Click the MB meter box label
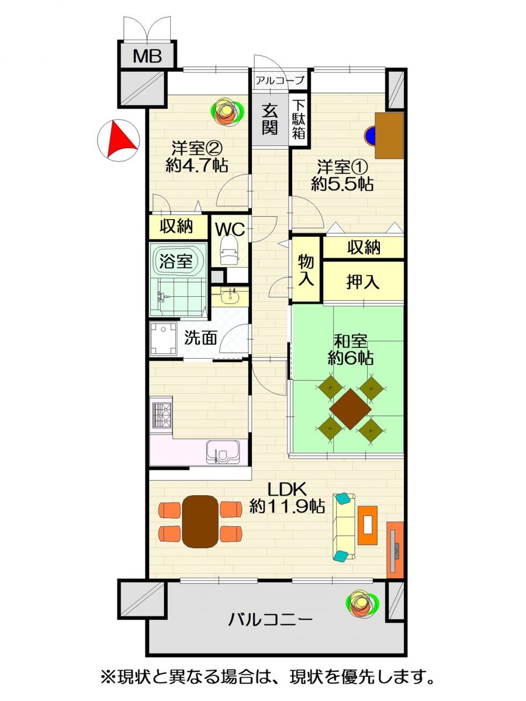(147, 56)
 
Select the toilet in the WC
(230, 251)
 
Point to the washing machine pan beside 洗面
(164, 338)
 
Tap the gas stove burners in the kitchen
(162, 415)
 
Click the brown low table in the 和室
(350, 409)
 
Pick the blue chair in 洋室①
(370, 136)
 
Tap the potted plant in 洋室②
(227, 110)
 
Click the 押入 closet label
(363, 282)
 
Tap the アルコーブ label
(279, 81)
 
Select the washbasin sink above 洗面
(230, 297)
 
